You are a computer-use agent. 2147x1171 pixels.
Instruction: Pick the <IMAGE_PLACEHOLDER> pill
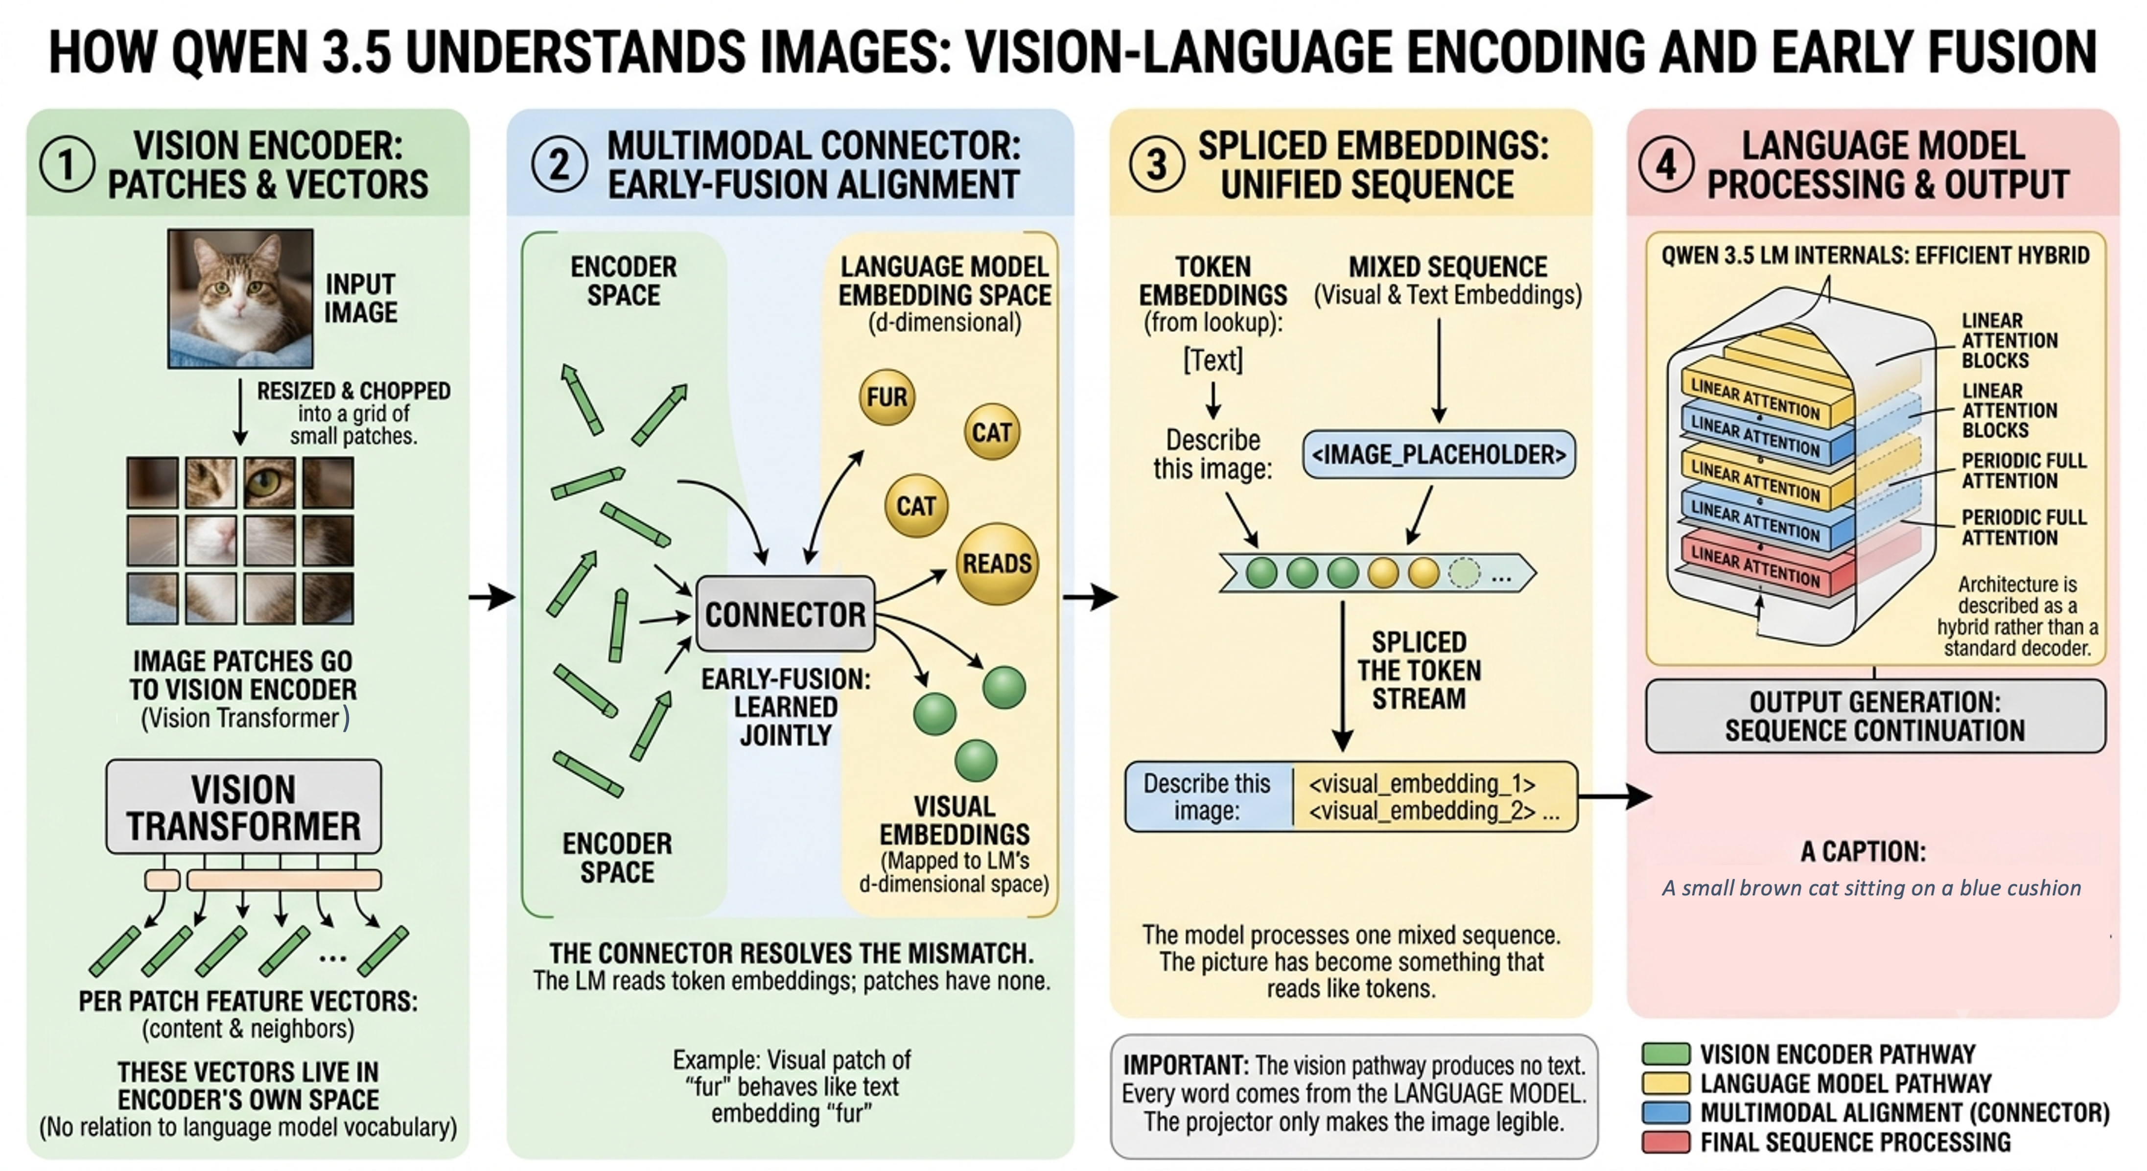pos(1439,454)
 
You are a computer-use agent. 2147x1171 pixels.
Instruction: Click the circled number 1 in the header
pos(67,164)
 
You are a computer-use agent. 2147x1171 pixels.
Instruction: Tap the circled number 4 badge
pos(1665,164)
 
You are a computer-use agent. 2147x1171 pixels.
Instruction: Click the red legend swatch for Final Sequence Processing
pos(1665,1142)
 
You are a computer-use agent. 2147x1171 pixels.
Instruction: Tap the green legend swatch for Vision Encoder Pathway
pos(1665,1054)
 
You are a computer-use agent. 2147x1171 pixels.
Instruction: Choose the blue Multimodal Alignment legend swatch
pos(1665,1113)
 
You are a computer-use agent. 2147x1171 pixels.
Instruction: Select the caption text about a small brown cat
pos(1871,888)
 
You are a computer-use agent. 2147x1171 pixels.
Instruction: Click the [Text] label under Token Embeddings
pos(1213,360)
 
